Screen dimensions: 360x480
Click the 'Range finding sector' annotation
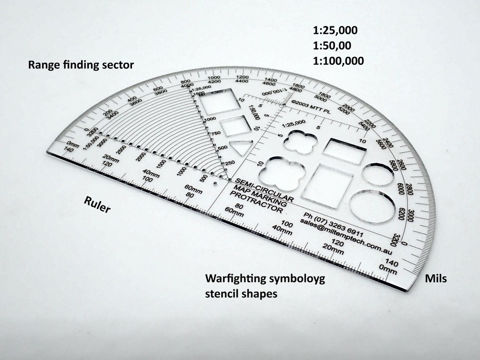[81, 64]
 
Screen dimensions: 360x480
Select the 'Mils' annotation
[436, 278]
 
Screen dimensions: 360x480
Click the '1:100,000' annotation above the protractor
[338, 61]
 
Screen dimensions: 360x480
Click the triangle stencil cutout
[240, 147]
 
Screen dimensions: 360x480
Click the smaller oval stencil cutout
[378, 174]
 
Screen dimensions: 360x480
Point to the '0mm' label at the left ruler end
[73, 144]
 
